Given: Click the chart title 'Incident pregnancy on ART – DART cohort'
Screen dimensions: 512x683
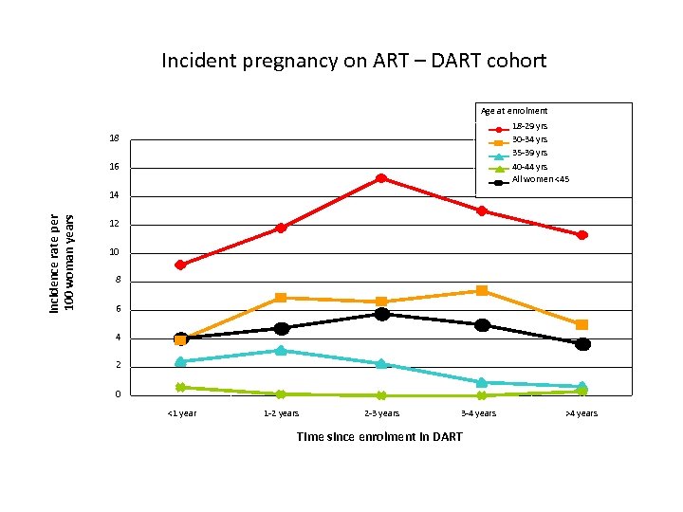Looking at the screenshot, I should tap(354, 62).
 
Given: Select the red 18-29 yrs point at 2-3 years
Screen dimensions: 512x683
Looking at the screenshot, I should tap(380, 178).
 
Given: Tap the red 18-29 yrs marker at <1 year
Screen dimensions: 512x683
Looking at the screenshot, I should tap(180, 265).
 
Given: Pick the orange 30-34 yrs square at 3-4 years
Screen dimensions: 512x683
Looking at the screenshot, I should tap(482, 291).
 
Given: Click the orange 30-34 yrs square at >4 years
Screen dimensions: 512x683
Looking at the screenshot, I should tap(581, 325).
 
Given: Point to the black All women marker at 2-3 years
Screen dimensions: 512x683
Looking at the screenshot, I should tap(381, 314).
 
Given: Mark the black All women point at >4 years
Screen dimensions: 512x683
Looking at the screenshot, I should tap(582, 344).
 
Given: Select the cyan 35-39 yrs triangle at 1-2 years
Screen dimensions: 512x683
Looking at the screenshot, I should tap(281, 350).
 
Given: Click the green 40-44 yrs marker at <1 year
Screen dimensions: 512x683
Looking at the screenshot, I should tap(180, 387).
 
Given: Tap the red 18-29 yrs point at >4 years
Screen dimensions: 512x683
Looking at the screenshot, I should tap(581, 235).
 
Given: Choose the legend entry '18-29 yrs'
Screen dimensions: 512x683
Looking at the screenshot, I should tap(529, 126).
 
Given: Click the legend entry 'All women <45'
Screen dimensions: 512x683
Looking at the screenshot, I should tap(540, 180).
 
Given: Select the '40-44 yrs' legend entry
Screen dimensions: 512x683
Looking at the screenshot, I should tap(529, 167).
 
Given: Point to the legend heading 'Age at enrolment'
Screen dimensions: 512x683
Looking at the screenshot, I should tap(514, 111).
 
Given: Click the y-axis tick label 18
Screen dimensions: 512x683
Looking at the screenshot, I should tap(114, 139).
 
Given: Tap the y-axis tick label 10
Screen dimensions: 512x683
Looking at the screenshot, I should tap(114, 252).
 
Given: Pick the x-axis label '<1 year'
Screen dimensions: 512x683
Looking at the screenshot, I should tap(181, 413).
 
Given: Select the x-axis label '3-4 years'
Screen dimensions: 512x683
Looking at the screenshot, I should tap(478, 413).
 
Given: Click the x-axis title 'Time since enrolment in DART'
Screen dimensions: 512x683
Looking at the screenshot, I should tap(379, 437).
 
